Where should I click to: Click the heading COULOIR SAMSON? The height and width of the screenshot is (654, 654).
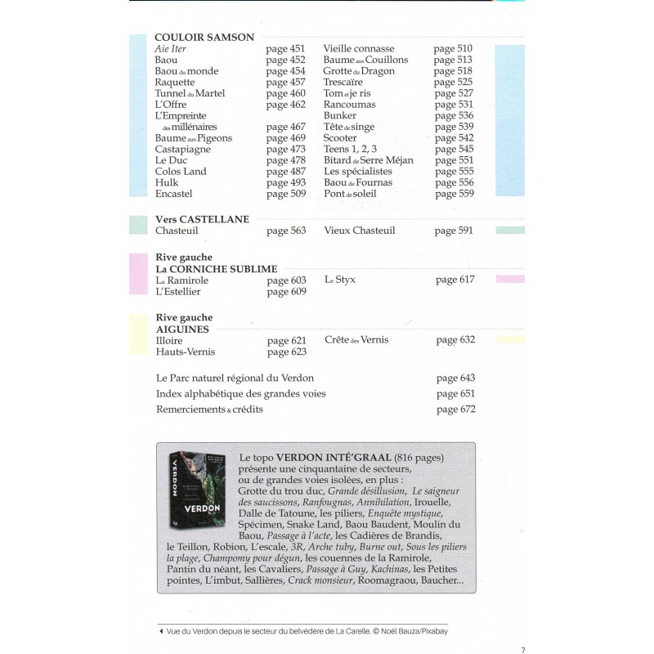[x=204, y=37]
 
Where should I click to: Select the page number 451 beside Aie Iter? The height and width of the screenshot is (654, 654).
[x=285, y=49]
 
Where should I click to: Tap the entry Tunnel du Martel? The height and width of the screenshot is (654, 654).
[x=190, y=93]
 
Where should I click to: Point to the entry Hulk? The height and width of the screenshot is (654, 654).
[x=167, y=182]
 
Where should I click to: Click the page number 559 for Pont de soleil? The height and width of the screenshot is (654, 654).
[x=454, y=194]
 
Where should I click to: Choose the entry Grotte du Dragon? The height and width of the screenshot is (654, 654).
[x=359, y=71]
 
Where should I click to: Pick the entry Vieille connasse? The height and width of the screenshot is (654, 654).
[x=359, y=49]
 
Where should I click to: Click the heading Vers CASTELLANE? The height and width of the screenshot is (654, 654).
[x=202, y=219]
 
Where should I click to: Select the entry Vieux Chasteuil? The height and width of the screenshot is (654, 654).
[x=360, y=231]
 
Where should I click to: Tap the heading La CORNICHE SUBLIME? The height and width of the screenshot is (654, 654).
[x=217, y=269]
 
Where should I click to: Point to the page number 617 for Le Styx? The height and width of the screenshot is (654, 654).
[x=455, y=280]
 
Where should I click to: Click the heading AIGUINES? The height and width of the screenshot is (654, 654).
[x=182, y=329]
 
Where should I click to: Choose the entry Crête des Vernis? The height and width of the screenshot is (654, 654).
[x=356, y=340]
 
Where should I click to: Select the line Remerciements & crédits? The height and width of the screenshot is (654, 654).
[x=209, y=409]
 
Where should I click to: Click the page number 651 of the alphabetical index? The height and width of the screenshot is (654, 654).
[x=455, y=394]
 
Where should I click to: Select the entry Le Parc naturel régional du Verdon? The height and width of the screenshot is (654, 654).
[x=235, y=379]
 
